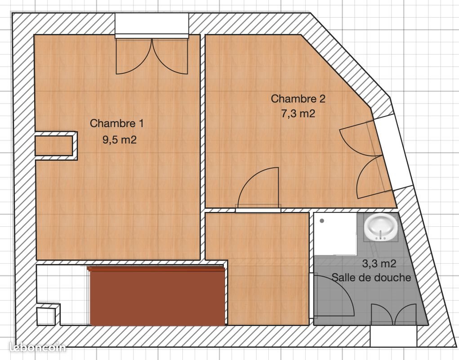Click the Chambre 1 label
click(x=117, y=123)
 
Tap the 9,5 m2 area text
click(x=119, y=139)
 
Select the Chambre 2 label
click(x=298, y=99)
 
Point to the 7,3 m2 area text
click(x=298, y=114)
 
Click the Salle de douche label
click(x=371, y=278)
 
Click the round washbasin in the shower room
click(x=380, y=227)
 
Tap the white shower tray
click(x=336, y=234)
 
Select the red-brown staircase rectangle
click(x=157, y=295)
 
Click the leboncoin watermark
click(x=37, y=347)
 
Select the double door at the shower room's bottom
click(x=394, y=315)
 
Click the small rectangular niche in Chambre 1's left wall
click(x=54, y=145)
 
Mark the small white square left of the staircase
click(x=47, y=315)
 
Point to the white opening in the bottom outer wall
click(x=393, y=336)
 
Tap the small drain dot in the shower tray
click(x=322, y=221)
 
